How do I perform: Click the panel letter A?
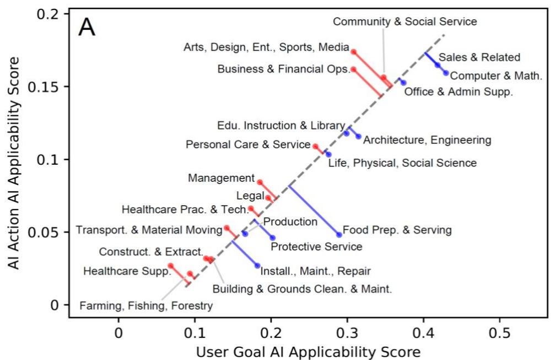(87, 28)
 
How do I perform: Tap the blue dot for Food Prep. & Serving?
(339, 235)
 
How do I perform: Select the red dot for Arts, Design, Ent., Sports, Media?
(353, 52)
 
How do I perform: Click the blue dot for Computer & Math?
(446, 73)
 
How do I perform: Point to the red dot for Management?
(260, 182)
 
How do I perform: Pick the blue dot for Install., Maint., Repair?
(257, 266)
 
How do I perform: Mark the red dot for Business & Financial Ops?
(354, 69)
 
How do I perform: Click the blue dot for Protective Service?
(273, 238)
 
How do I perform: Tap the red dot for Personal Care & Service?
(315, 147)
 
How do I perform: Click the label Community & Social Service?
(405, 22)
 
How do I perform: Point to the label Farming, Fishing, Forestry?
(145, 306)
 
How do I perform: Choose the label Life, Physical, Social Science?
(402, 163)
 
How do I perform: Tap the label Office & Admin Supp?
(458, 92)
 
